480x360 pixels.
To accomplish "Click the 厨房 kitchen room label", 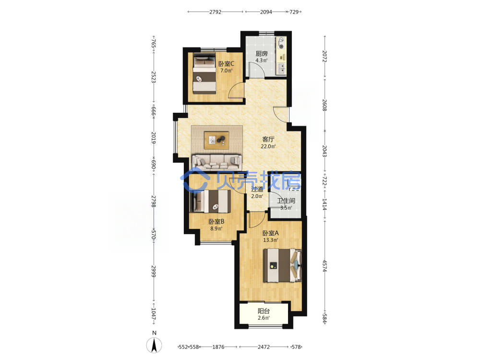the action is (x=262, y=54).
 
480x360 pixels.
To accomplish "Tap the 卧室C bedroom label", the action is (x=226, y=64).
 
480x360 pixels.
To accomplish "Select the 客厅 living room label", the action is (x=268, y=139).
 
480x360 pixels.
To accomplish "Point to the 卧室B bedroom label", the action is (x=216, y=221).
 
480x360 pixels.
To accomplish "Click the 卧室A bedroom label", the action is (x=271, y=233).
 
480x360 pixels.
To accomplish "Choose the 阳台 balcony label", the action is (x=264, y=311).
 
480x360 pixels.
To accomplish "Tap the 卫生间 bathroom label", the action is (x=286, y=201).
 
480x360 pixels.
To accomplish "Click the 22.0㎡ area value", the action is (x=268, y=146).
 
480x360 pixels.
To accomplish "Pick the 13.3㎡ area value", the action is (x=271, y=240).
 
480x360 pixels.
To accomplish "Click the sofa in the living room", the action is (x=217, y=162).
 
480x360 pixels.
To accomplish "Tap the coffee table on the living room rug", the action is (x=216, y=140).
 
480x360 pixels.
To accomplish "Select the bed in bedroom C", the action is (x=204, y=73).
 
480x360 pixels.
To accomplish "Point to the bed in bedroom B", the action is (x=210, y=201).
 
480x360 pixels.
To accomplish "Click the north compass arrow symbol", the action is (x=154, y=346).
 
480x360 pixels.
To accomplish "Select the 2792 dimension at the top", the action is (x=215, y=12).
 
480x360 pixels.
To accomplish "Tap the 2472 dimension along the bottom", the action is (x=264, y=347).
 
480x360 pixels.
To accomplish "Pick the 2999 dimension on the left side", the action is (x=154, y=271).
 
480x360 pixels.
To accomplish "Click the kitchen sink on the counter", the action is (x=281, y=69).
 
